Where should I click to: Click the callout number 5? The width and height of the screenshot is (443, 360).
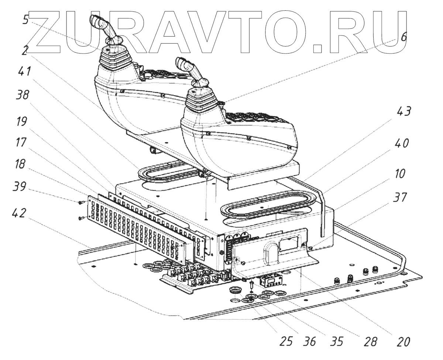(x=25, y=20)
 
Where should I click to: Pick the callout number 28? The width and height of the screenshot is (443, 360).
(x=369, y=342)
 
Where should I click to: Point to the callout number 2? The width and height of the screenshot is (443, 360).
(x=25, y=51)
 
